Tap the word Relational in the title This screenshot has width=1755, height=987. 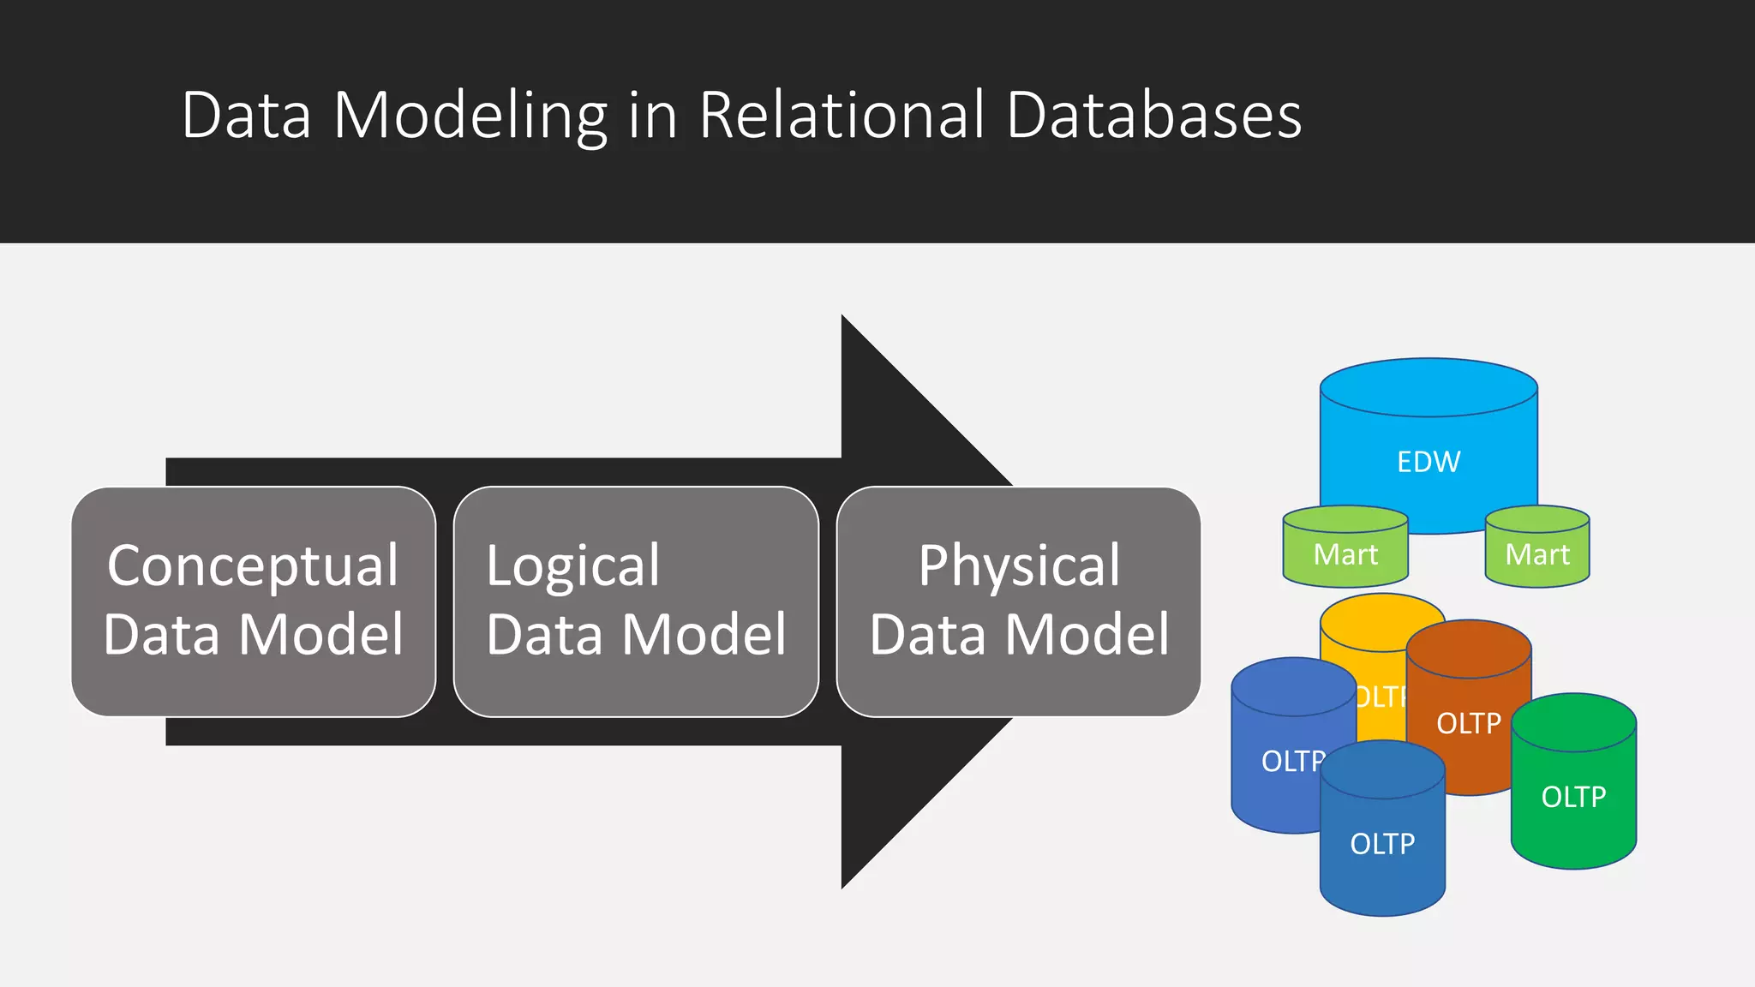tap(842, 116)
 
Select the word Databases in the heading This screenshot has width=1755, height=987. tap(1153, 116)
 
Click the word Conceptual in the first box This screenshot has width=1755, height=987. tap(253, 565)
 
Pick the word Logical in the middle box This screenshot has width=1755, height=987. tap(572, 565)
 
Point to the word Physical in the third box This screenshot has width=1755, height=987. tap(1019, 565)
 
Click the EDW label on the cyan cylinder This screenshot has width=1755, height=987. tap(1429, 462)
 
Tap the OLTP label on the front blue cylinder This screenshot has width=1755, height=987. tap(1382, 844)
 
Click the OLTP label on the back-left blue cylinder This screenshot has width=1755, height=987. tap(1291, 761)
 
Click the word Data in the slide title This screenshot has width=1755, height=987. tap(246, 116)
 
